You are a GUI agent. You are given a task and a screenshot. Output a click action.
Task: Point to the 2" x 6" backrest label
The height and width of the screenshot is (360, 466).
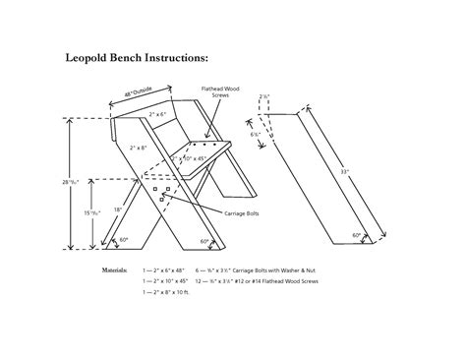(x=156, y=116)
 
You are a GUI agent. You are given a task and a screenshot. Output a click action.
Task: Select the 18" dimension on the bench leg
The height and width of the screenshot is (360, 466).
(x=119, y=210)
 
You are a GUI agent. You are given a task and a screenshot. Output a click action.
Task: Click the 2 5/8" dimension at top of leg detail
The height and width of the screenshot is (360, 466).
(x=264, y=97)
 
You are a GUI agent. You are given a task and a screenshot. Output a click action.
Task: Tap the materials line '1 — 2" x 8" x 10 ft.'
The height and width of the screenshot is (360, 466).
(x=165, y=292)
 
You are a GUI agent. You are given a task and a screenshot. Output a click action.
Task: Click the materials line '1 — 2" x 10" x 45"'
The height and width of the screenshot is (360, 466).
(x=164, y=280)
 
